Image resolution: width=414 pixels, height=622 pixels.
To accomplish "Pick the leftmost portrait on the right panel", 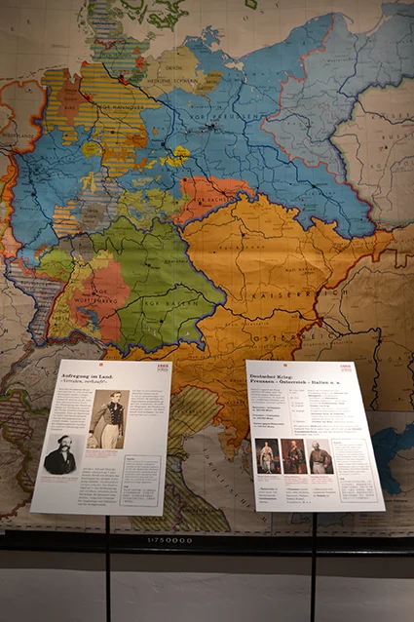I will tap(266, 456).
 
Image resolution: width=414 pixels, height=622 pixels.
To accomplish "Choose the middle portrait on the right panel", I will tap(293, 456).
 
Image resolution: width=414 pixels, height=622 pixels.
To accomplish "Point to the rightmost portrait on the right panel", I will tap(320, 457).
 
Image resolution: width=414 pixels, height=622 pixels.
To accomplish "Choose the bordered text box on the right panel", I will tap(353, 458).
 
